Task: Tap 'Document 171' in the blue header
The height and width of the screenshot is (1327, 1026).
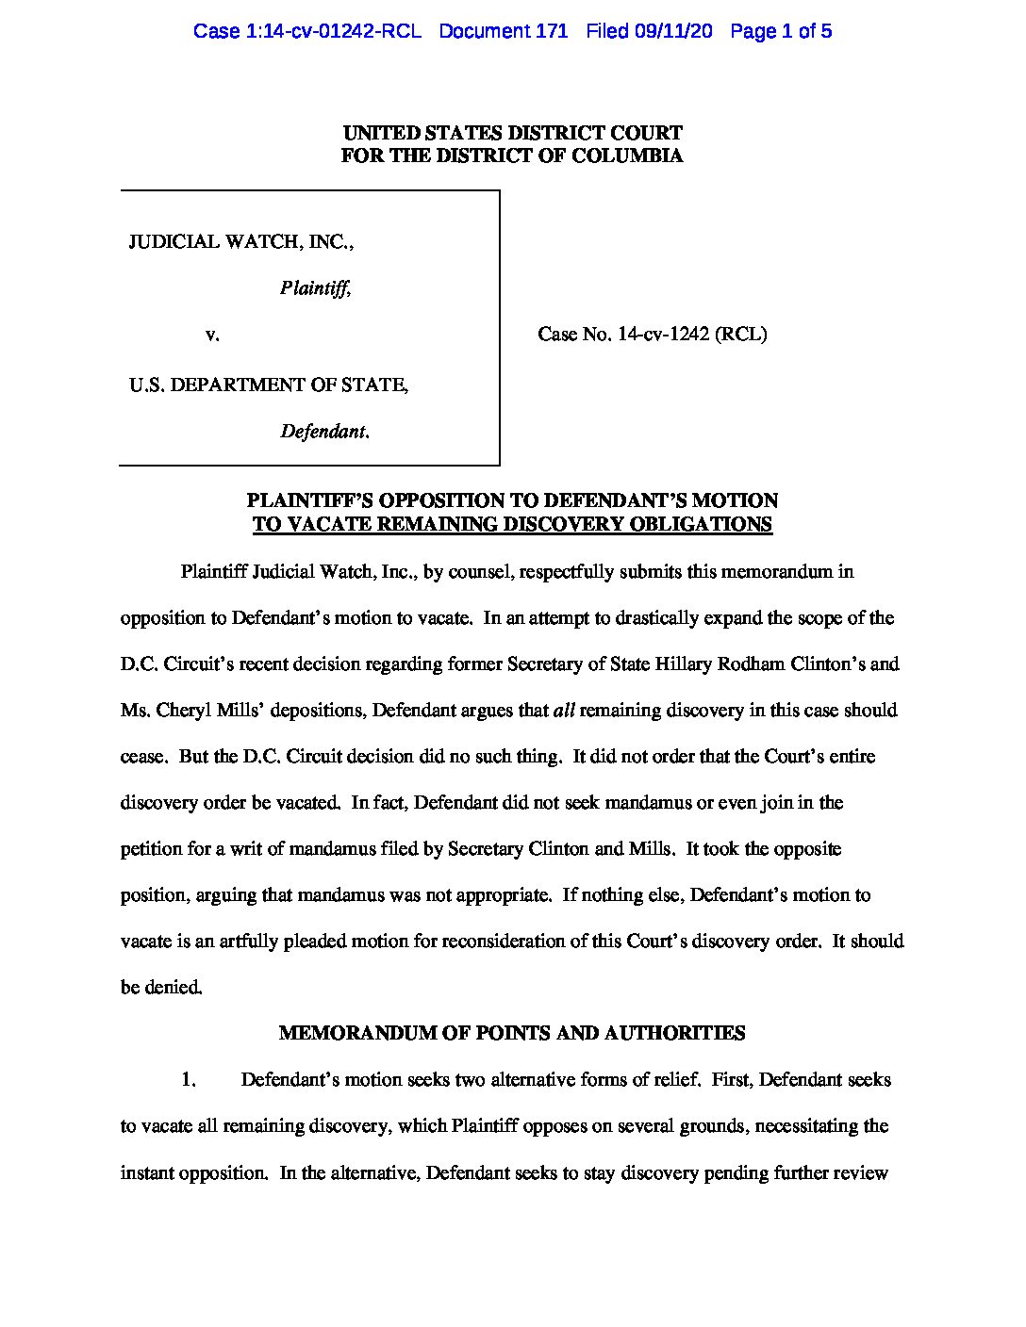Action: point(503,31)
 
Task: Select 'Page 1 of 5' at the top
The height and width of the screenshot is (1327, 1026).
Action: point(781,31)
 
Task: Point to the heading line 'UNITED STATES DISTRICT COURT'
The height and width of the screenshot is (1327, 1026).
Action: point(512,133)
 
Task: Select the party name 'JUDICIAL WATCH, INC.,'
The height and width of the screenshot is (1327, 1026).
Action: point(241,241)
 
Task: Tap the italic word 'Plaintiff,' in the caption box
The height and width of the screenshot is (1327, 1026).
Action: point(315,288)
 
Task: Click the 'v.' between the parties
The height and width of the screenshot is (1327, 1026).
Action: point(212,334)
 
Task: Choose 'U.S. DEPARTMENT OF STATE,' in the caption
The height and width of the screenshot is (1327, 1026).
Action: point(269,385)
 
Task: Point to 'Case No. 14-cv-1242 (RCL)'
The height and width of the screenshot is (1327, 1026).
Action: point(652,334)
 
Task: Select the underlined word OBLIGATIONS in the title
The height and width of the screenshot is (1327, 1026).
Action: point(707,524)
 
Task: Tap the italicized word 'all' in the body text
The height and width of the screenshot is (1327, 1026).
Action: point(563,710)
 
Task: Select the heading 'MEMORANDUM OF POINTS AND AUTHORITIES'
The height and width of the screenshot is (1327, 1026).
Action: point(512,1033)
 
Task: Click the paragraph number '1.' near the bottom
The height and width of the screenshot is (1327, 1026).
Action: point(189,1079)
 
